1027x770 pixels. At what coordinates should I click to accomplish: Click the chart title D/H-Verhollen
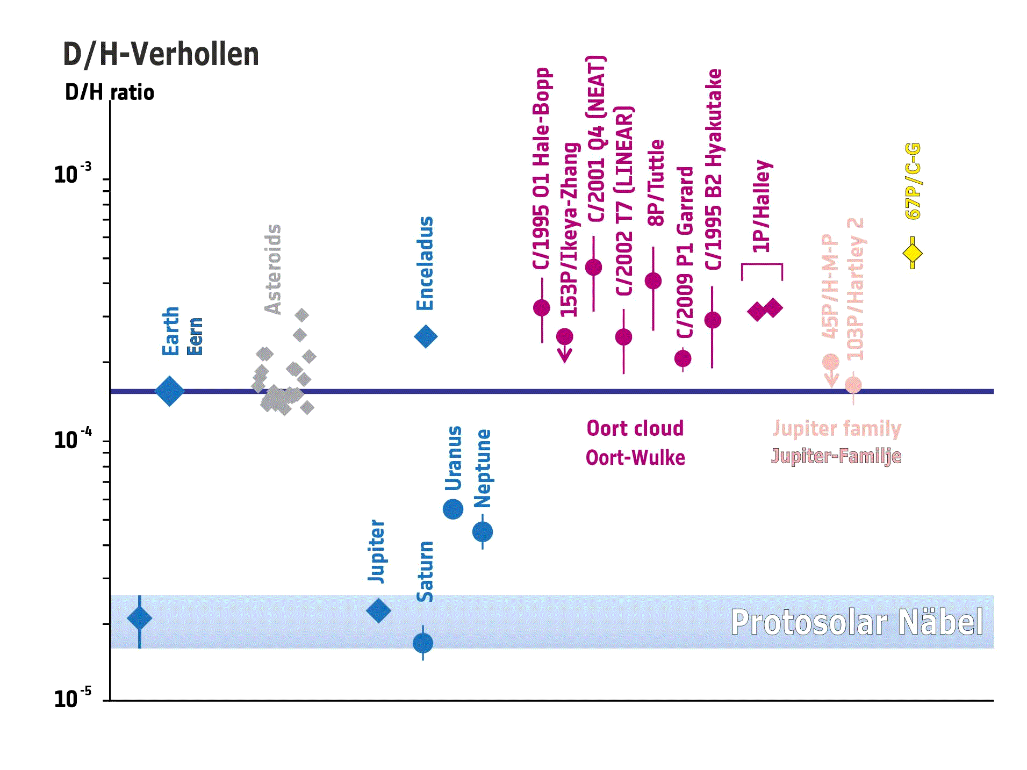coord(161,55)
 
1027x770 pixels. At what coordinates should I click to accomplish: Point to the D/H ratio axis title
coord(110,92)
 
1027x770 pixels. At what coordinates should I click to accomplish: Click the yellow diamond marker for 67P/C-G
coord(912,253)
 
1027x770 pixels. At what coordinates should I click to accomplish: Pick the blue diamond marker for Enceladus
coord(426,337)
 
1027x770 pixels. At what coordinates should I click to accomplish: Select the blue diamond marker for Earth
coord(169,391)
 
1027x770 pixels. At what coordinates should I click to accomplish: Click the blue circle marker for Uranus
coord(453,509)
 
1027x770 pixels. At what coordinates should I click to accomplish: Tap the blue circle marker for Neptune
coord(483,532)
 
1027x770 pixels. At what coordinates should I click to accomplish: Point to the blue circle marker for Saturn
coord(423,643)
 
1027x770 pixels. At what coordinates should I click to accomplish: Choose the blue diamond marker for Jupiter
coord(378,611)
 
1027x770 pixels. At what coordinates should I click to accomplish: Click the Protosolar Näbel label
coord(857,622)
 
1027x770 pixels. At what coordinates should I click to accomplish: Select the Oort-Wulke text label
coord(635,458)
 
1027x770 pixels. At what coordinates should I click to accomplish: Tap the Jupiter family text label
coord(837,428)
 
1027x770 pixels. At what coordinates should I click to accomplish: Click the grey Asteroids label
coord(273,269)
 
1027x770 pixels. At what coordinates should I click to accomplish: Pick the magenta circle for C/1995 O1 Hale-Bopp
coord(542,308)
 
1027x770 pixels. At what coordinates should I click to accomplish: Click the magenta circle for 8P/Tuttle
coord(653,280)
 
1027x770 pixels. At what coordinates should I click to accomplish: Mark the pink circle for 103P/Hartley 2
coord(853,385)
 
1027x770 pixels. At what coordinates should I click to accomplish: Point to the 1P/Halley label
coord(762,206)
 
